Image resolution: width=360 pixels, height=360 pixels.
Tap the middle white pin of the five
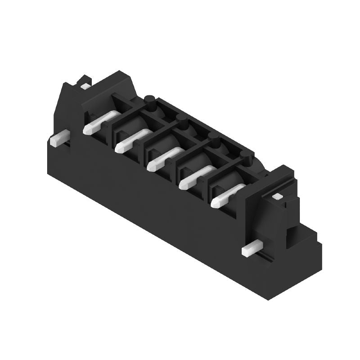point(163,159)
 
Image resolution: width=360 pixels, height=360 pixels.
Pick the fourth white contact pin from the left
point(195,177)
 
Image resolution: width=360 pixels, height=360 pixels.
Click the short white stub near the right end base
point(252,248)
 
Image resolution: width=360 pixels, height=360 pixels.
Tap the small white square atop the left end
point(85,85)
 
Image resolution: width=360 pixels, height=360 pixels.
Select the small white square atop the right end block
point(277,196)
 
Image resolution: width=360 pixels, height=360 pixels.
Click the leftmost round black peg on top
point(150,102)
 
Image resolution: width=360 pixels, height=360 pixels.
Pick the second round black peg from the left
point(182,120)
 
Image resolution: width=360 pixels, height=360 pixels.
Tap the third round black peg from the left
point(215,139)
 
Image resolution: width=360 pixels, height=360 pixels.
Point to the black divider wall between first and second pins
point(112,130)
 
